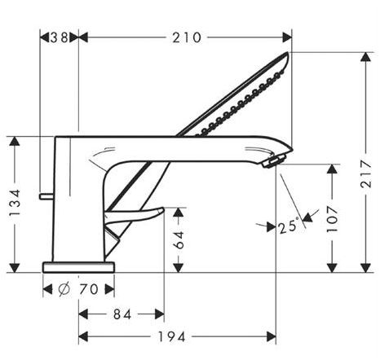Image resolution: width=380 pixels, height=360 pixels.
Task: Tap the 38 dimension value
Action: (x=59, y=37)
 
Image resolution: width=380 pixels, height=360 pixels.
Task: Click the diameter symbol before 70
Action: (x=62, y=289)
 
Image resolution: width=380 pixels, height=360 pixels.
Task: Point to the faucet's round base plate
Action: (x=79, y=267)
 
